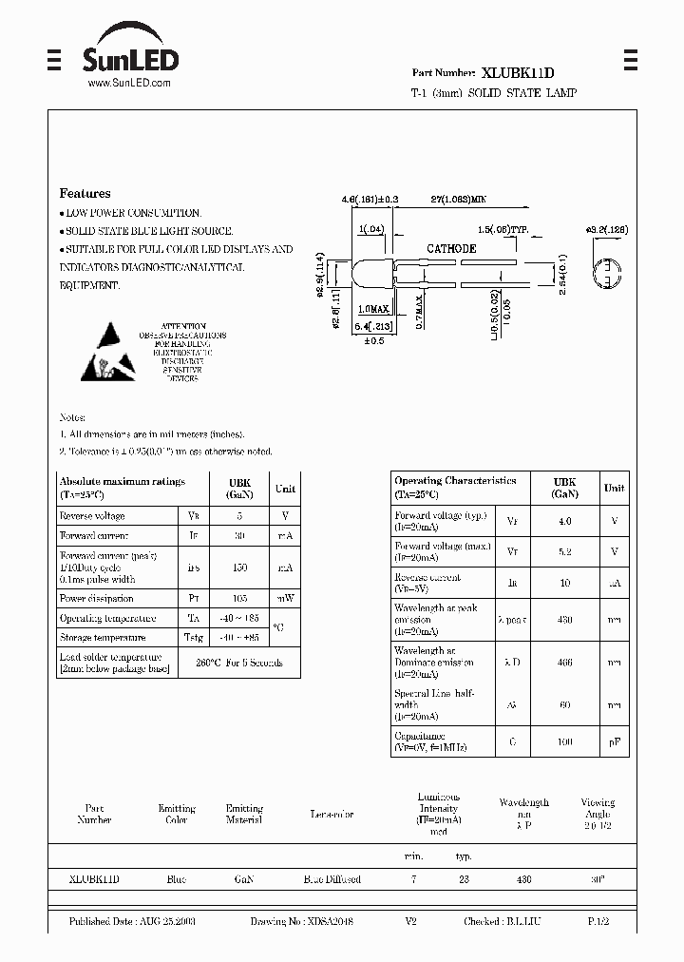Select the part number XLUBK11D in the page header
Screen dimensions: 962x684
(518, 72)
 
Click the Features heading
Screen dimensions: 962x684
(85, 193)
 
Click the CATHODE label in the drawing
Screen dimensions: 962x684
(451, 248)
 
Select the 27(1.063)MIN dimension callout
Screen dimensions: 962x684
(458, 201)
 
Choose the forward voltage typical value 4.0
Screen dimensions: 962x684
(564, 521)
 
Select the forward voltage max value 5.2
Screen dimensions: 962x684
(564, 551)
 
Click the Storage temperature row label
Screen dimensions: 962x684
(103, 638)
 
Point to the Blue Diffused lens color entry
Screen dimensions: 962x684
(332, 879)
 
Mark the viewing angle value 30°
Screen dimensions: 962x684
(597, 879)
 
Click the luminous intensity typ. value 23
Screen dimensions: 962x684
(464, 879)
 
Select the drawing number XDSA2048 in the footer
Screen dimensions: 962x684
(302, 922)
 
